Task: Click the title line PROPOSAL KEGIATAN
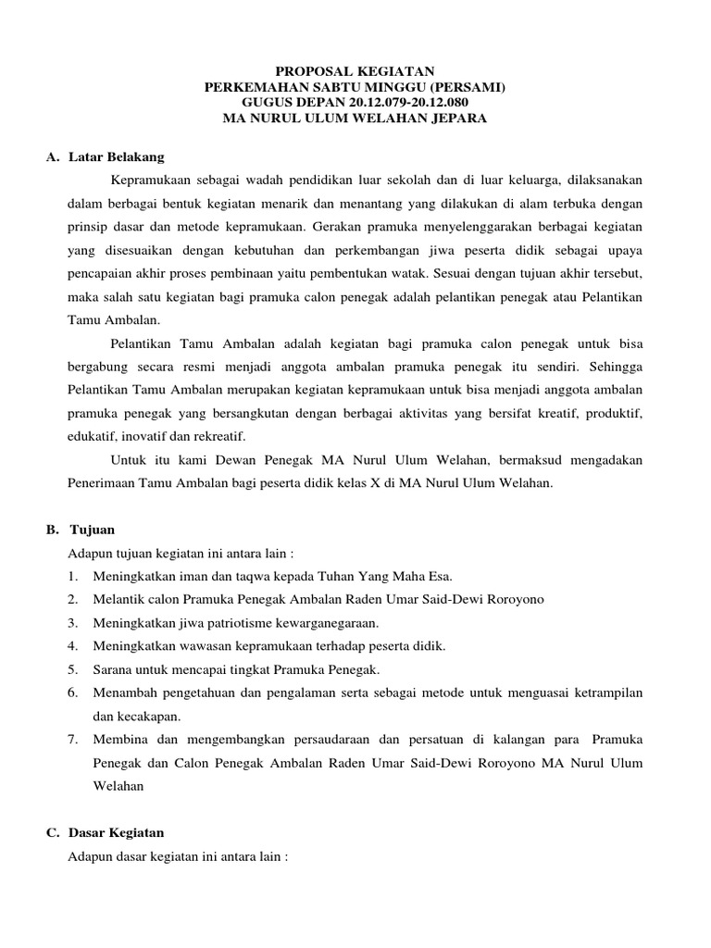[x=355, y=70]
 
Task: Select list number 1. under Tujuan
[x=73, y=576]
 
